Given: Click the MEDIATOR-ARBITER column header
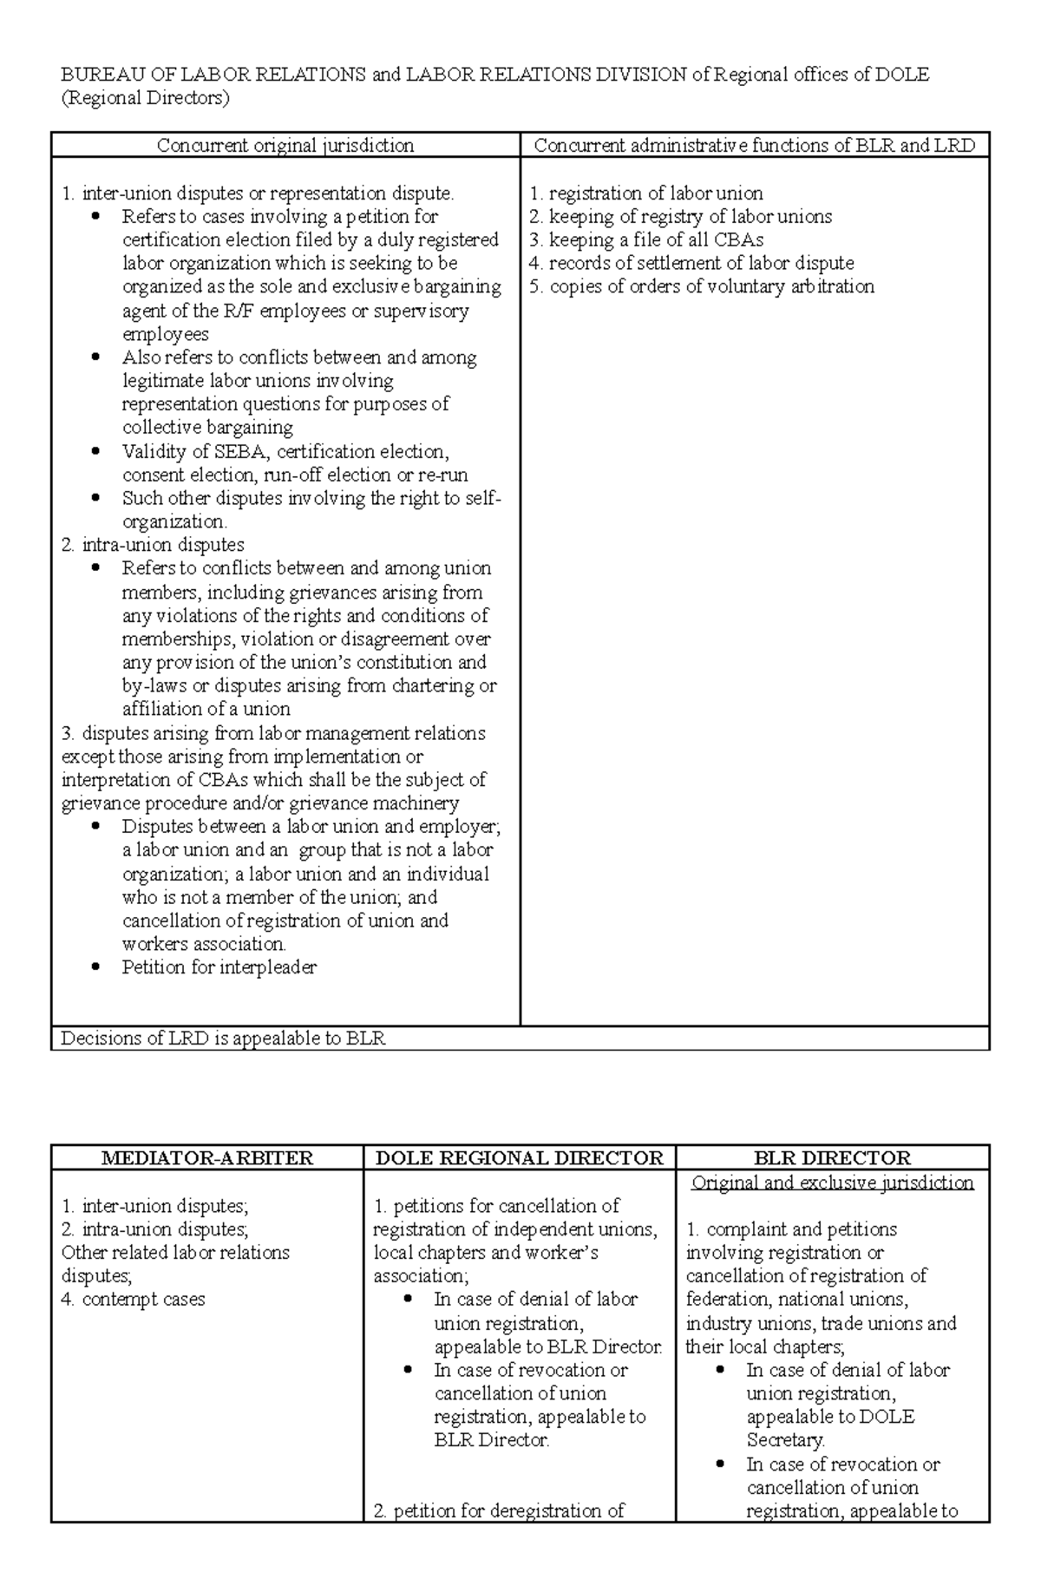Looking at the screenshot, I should click(x=207, y=1157).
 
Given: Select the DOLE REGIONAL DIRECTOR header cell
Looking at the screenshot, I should click(x=519, y=1157).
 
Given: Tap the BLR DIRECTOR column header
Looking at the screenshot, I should click(x=832, y=1157).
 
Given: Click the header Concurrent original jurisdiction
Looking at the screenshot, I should click(x=285, y=146).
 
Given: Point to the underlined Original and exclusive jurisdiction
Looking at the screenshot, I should click(x=832, y=1183).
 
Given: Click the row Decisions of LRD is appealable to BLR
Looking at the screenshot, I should click(x=223, y=1038).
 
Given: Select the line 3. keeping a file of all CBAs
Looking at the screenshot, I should click(x=646, y=239).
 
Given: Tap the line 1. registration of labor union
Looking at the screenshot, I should click(x=646, y=193).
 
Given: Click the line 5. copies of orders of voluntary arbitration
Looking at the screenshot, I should click(x=702, y=286).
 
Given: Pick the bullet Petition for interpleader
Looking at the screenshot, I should click(x=219, y=966).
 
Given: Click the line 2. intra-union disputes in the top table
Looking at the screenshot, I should click(x=153, y=545).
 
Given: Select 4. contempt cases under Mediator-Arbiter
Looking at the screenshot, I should click(x=134, y=1300).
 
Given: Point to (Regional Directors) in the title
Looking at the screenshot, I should click(x=145, y=98).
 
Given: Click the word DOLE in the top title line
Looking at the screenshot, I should click(x=901, y=75).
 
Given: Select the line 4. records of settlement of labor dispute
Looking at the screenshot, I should click(x=691, y=263).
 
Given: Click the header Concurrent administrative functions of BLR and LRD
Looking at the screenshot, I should click(x=754, y=146).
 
